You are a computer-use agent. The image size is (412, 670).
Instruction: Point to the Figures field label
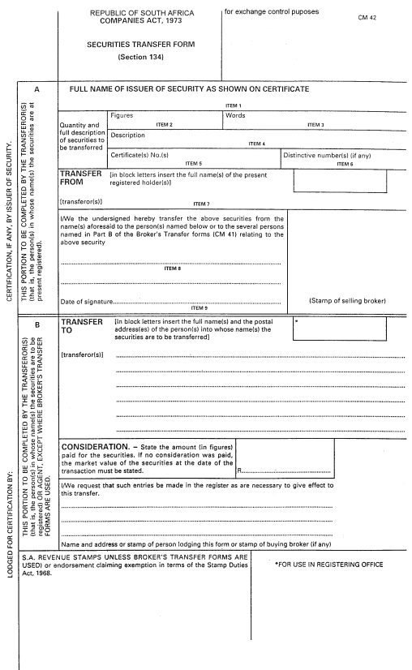click(x=122, y=116)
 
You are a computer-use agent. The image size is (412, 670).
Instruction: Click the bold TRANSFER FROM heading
click(x=81, y=178)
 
